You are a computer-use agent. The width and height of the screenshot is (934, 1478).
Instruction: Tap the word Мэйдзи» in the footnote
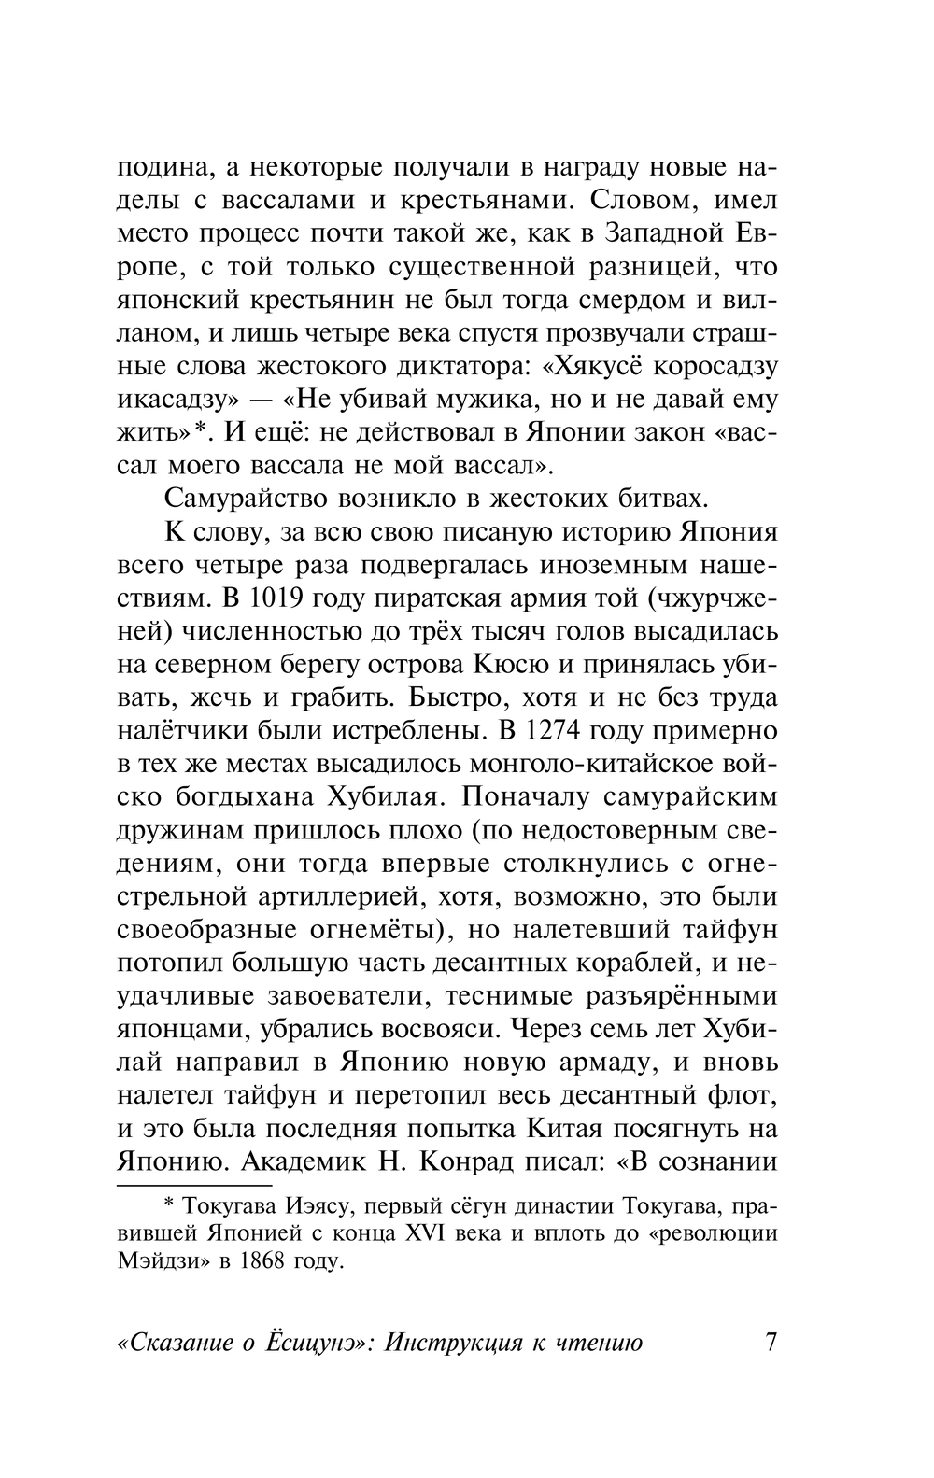pyautogui.click(x=165, y=1261)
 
